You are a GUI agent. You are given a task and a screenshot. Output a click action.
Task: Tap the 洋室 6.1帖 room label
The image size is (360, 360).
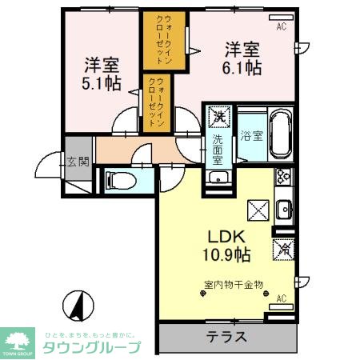[242, 58]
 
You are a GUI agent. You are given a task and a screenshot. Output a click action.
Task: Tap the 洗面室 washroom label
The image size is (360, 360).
[218, 148]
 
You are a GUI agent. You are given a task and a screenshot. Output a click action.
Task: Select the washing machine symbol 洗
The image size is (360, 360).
[218, 117]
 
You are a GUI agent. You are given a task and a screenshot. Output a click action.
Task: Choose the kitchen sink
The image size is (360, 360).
[283, 210]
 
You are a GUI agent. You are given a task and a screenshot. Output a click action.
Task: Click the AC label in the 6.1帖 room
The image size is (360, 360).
[281, 26]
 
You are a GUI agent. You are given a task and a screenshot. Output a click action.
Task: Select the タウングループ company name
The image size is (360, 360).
[91, 347]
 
